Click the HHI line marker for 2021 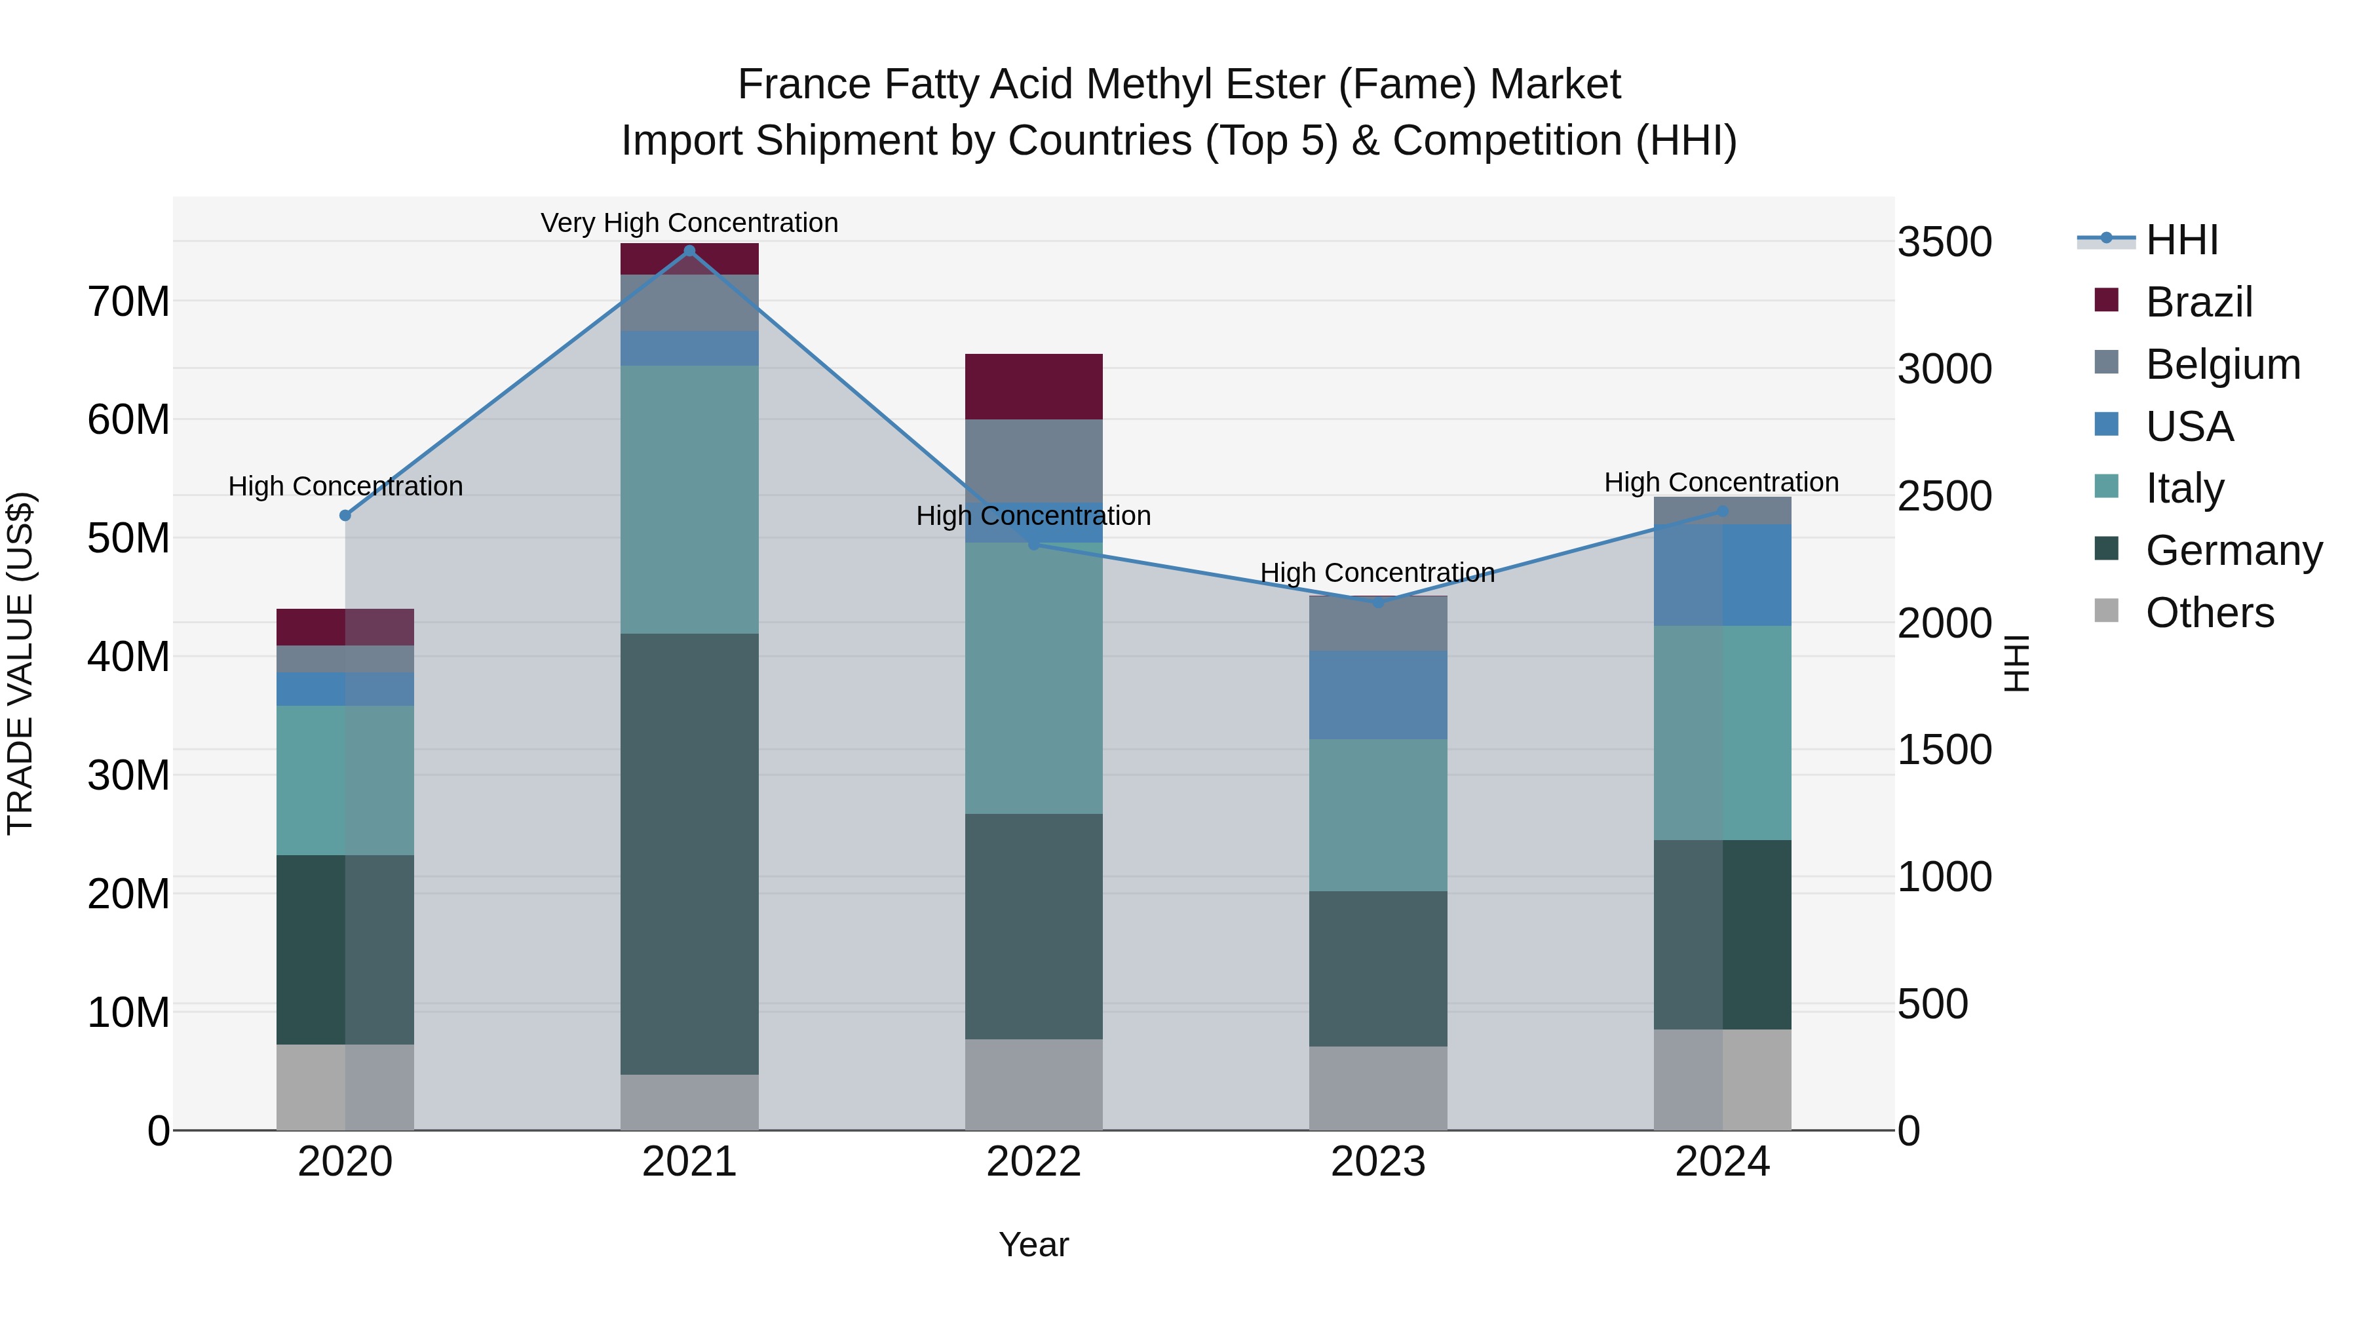click(x=689, y=251)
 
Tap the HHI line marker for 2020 click(x=345, y=516)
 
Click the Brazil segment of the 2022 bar click(x=1034, y=387)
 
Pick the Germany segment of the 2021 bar click(x=689, y=853)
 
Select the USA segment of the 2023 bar click(x=1378, y=695)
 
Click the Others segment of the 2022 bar click(x=1034, y=1085)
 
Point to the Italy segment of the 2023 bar click(x=1378, y=815)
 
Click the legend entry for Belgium click(x=2223, y=364)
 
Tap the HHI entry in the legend click(x=2181, y=240)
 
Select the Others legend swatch click(x=2106, y=611)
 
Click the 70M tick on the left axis click(x=128, y=301)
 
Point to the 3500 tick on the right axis click(x=1944, y=242)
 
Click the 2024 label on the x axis click(x=1721, y=1162)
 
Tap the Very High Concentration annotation click(x=689, y=223)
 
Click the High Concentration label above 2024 click(x=1721, y=482)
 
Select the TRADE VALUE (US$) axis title click(x=20, y=663)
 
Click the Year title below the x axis click(x=1034, y=1244)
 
